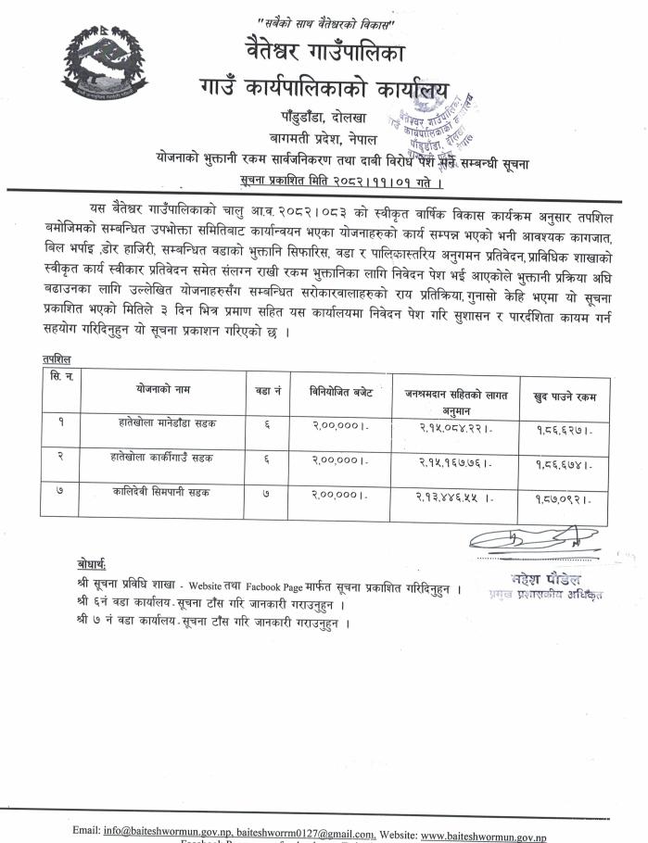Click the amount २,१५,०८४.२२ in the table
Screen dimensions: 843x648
pyautogui.click(x=453, y=429)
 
